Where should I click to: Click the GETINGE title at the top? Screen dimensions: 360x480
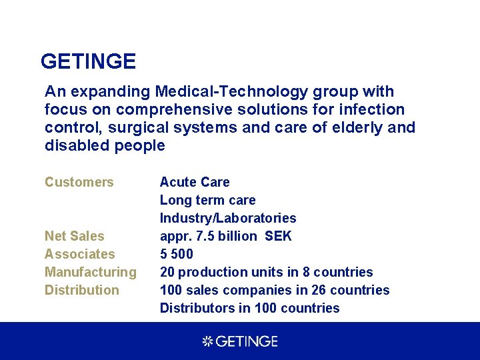(88, 62)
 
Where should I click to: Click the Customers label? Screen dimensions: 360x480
(79, 182)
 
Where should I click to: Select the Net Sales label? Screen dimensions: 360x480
(75, 236)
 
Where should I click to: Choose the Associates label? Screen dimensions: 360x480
(80, 254)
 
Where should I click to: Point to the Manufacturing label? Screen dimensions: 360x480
(91, 272)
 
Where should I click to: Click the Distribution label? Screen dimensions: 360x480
(82, 290)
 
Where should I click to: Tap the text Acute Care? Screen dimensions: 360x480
(195, 182)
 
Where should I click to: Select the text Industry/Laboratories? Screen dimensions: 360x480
(228, 218)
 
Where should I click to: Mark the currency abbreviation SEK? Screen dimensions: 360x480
(278, 236)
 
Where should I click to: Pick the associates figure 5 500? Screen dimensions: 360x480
(177, 254)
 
